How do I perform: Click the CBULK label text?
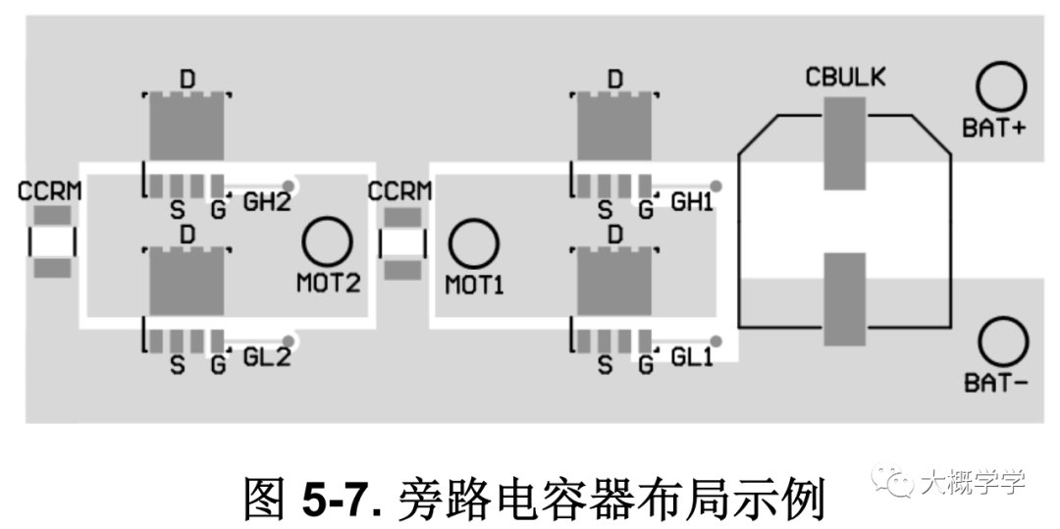[x=845, y=78]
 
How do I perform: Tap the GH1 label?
[x=692, y=201]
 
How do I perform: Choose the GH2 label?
[x=267, y=201]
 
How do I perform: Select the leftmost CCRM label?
[x=49, y=191]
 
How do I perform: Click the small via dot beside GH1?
[x=716, y=185]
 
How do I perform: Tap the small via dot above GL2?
[x=290, y=341]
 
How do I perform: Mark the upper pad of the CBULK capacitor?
[x=845, y=143]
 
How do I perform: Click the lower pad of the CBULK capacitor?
[x=845, y=299]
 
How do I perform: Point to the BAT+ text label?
[x=994, y=129]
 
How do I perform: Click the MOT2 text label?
[x=329, y=283]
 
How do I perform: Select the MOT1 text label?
[x=475, y=285]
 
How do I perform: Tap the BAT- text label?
[x=996, y=384]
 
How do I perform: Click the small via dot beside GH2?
[x=290, y=185]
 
